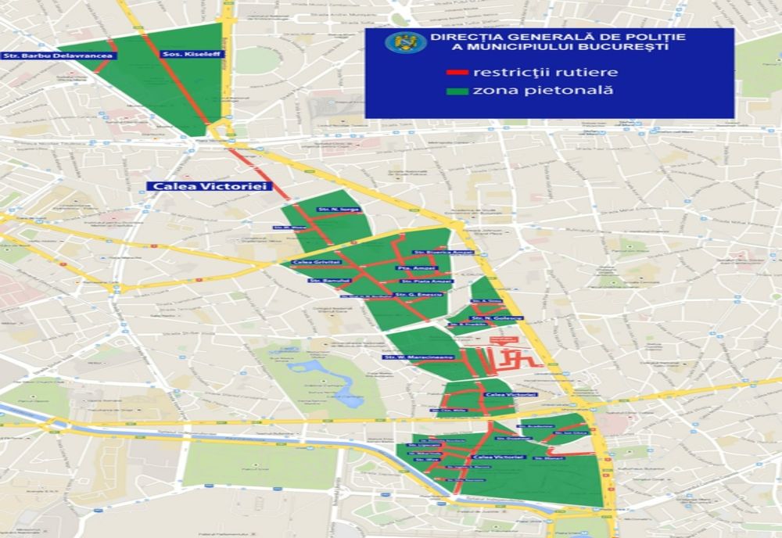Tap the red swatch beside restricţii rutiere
click(457, 73)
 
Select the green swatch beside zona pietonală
click(457, 91)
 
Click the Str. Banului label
click(325, 280)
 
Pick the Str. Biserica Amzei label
click(432, 253)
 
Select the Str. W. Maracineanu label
click(407, 357)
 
